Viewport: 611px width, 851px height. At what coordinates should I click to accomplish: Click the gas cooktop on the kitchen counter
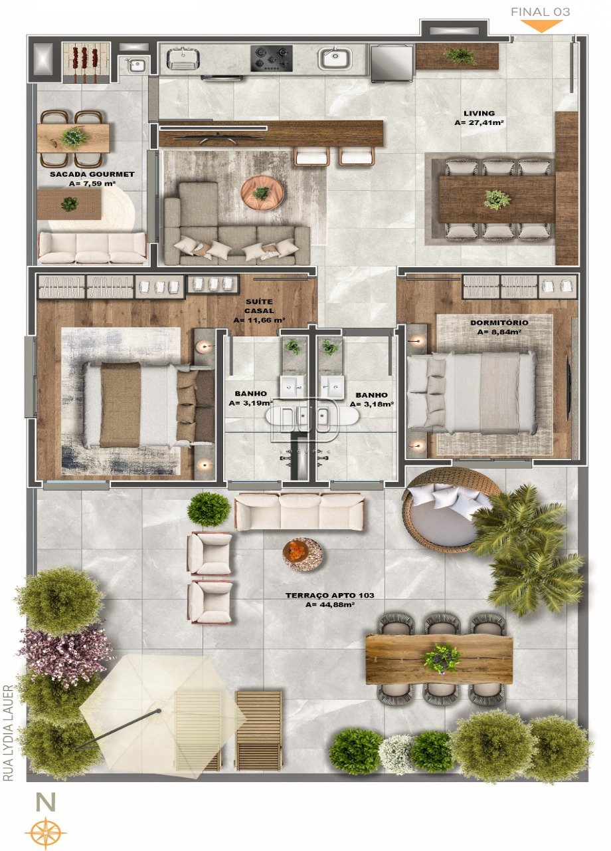coord(272,59)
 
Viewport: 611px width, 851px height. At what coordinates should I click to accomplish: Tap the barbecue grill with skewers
coord(86,62)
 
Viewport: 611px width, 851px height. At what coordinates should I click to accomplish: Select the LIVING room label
coord(479,113)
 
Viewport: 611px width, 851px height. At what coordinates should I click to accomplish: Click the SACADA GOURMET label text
coord(92,174)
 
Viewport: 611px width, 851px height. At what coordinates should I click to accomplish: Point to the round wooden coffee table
coord(262,192)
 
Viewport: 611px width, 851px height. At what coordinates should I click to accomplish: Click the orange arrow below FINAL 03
coord(541,26)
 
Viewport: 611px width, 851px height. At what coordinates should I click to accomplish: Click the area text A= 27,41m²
coord(479,123)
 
